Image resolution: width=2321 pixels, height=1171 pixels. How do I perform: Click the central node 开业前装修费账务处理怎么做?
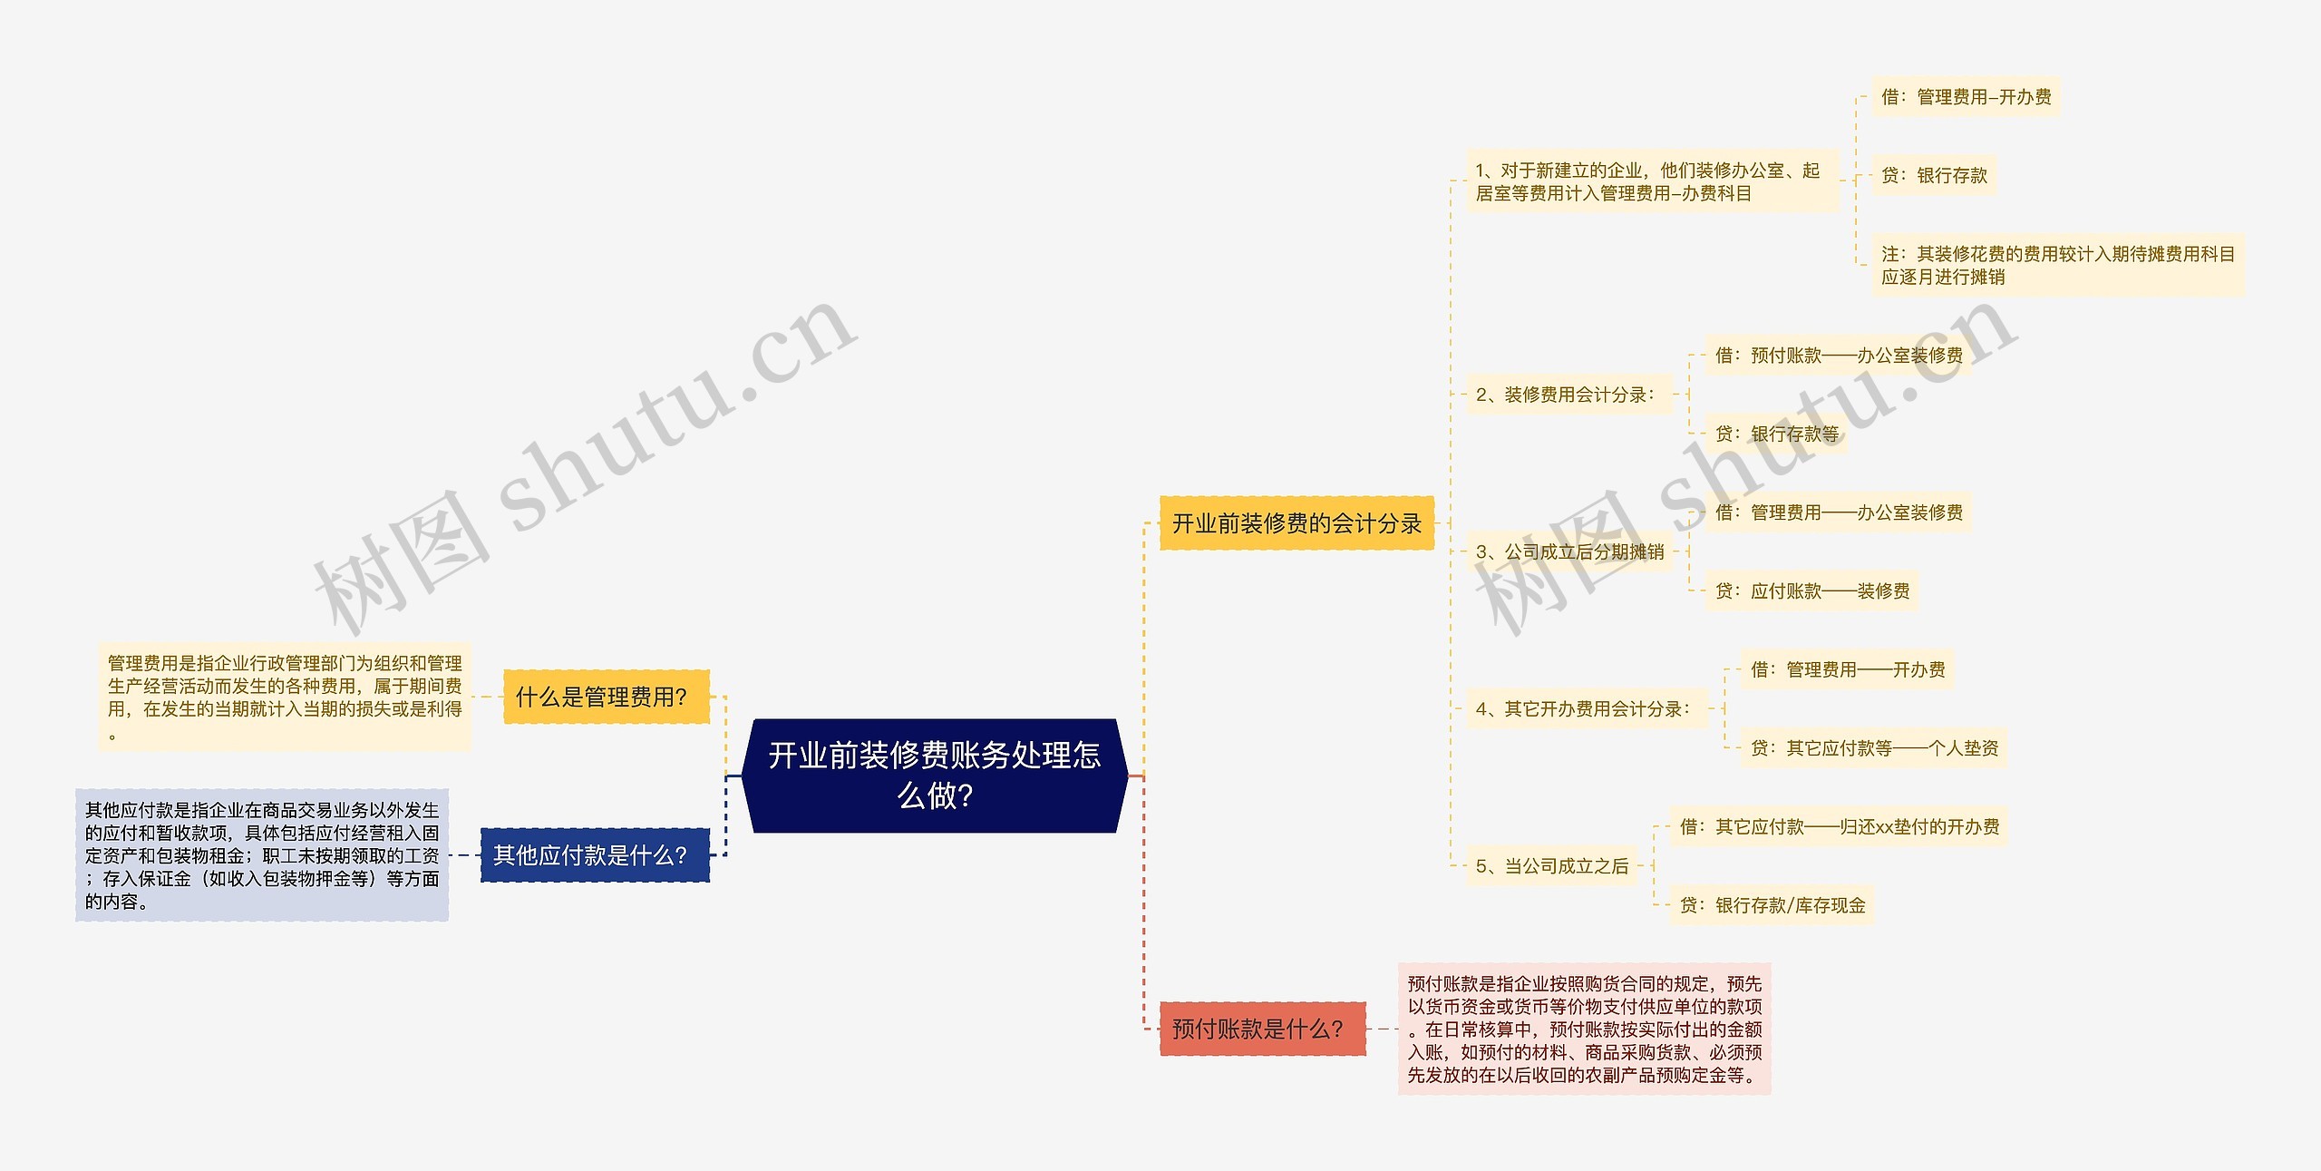(934, 776)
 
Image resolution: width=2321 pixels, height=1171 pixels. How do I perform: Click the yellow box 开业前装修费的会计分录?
(1296, 523)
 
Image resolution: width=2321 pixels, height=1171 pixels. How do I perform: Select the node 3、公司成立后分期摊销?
(1568, 551)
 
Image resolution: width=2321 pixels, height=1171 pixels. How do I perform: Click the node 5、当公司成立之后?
(1551, 866)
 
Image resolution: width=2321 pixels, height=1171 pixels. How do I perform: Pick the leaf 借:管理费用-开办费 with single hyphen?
(1966, 97)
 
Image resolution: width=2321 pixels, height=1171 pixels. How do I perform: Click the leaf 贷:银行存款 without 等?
(1934, 175)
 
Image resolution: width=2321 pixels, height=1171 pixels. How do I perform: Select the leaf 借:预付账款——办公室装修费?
(1838, 356)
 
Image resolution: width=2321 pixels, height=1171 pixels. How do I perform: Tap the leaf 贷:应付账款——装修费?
(1811, 591)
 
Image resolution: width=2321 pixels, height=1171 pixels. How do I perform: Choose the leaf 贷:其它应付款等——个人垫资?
(1873, 748)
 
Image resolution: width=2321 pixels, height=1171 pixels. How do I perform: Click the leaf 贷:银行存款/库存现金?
(1772, 905)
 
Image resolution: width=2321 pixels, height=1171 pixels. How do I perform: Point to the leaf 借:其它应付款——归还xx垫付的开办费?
(1839, 826)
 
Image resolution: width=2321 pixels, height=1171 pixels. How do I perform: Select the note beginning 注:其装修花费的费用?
(2057, 265)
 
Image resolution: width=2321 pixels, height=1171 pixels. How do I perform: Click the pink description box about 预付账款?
(1584, 1029)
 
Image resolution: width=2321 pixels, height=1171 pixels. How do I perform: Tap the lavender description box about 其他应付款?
(262, 854)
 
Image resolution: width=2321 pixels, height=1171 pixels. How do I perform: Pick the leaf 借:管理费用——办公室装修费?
(1838, 512)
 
